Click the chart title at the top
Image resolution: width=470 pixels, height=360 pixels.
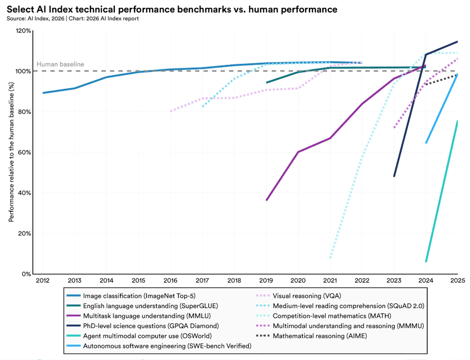coord(171,9)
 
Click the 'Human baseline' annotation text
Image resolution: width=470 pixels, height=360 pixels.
coord(60,64)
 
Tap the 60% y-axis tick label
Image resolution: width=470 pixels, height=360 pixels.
coord(25,153)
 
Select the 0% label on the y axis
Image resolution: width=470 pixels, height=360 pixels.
coord(26,274)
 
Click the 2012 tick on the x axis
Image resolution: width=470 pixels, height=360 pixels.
coord(43,280)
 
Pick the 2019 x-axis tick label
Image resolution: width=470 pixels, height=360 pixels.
coord(266,280)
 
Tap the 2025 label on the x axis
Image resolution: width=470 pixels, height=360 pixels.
coord(457,280)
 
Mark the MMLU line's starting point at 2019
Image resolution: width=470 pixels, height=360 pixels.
coord(267,200)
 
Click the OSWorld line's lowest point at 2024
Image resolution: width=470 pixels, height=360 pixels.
coord(426,261)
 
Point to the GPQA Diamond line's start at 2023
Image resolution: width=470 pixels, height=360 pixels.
coord(394,176)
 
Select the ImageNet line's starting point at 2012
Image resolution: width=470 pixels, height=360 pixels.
coord(43,92)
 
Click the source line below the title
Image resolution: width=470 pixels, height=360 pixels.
coord(73,19)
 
